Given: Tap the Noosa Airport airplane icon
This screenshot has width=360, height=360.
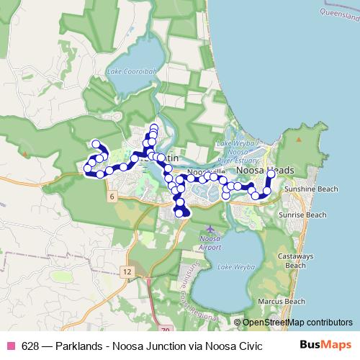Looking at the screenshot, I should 210,228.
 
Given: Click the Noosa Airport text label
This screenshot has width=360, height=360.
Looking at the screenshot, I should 210,243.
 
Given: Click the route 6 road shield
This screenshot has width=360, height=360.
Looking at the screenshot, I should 113,196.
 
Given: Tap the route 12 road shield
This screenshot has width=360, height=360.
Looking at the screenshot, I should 127,271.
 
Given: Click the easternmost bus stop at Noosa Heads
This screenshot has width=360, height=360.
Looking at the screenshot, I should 271,174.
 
